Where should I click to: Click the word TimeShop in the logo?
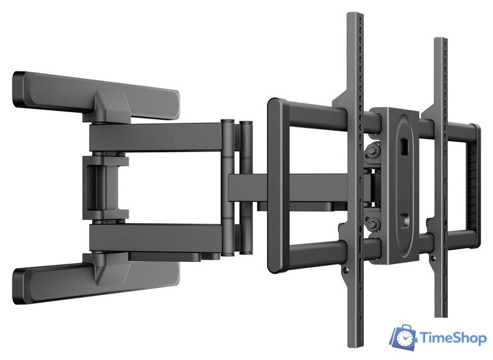[x=453, y=338]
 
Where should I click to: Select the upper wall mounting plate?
[x=96, y=96]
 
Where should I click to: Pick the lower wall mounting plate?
[x=96, y=278]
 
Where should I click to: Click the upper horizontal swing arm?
[x=157, y=137]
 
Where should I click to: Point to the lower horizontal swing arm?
[x=157, y=238]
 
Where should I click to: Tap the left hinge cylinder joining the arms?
[x=228, y=187]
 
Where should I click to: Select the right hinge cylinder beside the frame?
[x=246, y=187]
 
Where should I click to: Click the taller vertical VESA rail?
[x=355, y=179]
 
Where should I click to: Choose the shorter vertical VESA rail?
[x=440, y=176]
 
